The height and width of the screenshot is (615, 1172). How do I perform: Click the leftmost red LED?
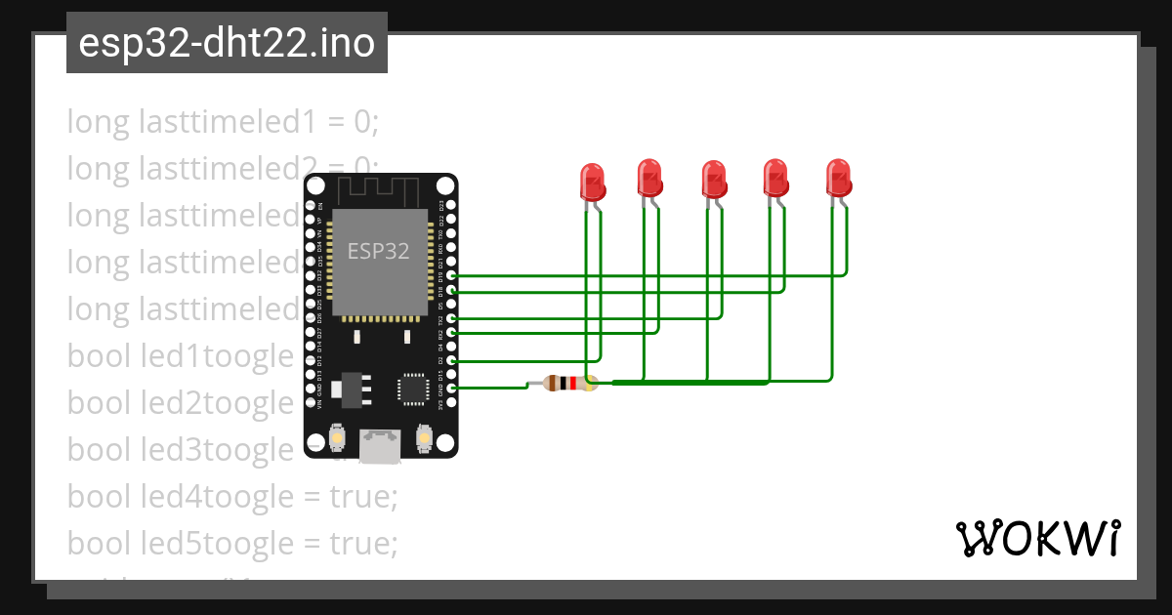coord(592,182)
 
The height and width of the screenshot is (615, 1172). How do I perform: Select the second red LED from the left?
coord(650,178)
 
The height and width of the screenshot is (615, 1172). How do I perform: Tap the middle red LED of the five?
coord(714,181)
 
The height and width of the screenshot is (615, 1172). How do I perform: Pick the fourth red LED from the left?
coord(775,178)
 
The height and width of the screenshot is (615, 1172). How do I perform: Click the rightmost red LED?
coord(839,178)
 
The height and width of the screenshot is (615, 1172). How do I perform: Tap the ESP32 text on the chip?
coord(379,250)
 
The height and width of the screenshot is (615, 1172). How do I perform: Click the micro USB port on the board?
coord(379,446)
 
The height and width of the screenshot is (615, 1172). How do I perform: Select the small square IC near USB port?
coord(411,389)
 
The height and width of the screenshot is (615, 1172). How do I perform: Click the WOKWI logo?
coord(1036,538)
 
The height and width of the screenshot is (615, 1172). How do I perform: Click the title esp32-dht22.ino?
coord(227,44)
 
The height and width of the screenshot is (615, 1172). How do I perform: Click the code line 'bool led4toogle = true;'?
coord(232,497)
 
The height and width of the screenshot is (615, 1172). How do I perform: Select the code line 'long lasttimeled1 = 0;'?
coord(223,122)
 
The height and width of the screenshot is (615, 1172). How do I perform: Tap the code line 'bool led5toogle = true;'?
coord(232,544)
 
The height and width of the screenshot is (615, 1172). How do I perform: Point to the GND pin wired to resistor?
coord(452,389)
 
